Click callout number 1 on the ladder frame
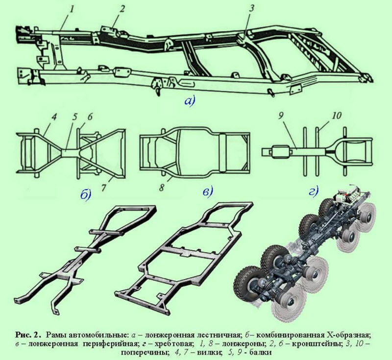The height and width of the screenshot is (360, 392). point(72,10)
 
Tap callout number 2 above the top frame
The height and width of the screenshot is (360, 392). point(122,9)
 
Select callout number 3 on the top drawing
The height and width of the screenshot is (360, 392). point(251,8)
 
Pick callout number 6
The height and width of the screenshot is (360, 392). point(90,117)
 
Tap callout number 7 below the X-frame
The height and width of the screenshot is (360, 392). point(103,188)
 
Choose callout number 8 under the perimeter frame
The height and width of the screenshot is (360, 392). point(162,188)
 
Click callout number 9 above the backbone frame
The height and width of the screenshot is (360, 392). point(280,116)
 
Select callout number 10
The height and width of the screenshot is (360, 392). point(337,116)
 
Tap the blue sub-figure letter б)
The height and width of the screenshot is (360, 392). point(85,194)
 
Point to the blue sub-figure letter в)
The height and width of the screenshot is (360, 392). point(207,192)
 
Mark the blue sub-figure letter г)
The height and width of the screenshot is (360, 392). point(314,192)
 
